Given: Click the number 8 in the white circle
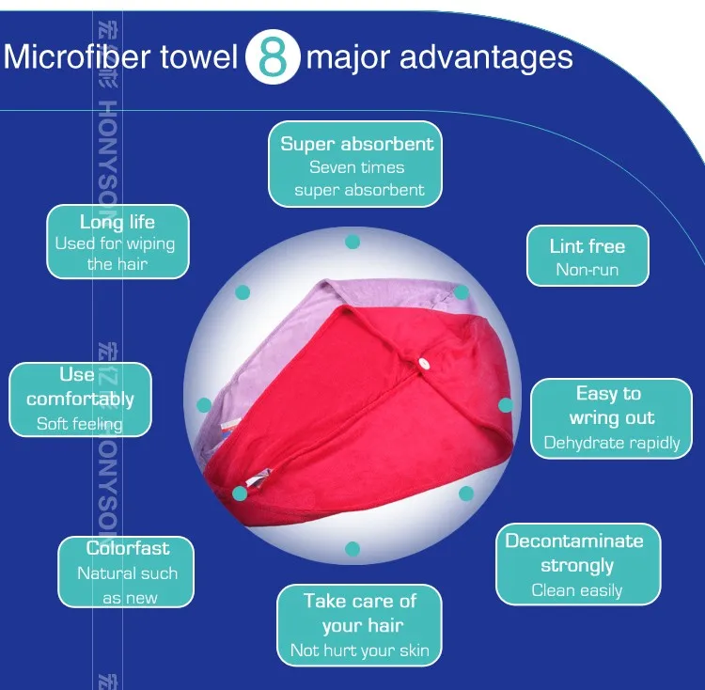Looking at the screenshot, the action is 272,57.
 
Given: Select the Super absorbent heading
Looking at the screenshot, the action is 357,144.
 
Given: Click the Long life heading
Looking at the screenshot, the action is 117,222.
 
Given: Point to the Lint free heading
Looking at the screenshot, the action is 587,246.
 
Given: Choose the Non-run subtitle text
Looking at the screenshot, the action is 587,271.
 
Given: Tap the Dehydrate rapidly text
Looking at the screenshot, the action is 612,443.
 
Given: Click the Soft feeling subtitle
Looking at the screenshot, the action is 80,424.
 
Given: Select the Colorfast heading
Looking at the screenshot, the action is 128,548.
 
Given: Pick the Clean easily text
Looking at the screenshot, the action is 577,590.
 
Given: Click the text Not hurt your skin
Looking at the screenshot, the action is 360,651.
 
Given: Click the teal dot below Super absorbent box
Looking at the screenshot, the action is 352,242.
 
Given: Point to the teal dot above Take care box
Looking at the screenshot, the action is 352,548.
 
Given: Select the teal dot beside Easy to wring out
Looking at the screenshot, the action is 505,405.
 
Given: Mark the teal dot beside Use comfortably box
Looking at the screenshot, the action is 204,405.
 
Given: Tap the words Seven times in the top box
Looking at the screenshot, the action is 357,167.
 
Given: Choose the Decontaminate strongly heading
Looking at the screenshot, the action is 574,553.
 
